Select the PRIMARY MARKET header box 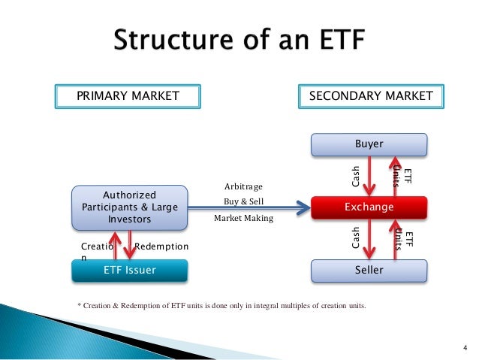128,96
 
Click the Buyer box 369,144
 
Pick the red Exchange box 369,206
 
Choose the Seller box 369,270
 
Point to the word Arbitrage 244,186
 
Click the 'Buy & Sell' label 243,202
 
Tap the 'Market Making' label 243,219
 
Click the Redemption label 161,247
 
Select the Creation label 96,250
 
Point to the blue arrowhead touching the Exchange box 304,204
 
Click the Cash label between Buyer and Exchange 357,176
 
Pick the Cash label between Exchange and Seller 357,238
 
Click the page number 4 465,346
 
